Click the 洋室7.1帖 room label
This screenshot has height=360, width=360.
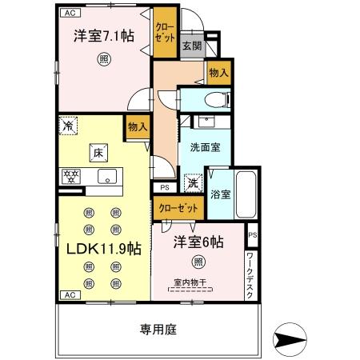pyautogui.click(x=104, y=37)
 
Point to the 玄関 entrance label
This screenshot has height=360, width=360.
pyautogui.click(x=191, y=46)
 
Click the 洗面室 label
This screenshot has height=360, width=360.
pyautogui.click(x=206, y=148)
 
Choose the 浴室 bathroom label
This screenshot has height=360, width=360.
pyautogui.click(x=221, y=194)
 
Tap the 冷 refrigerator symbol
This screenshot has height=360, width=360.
pyautogui.click(x=70, y=126)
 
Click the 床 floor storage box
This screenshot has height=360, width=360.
pyautogui.click(x=94, y=152)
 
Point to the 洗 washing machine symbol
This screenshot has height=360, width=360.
pyautogui.click(x=194, y=182)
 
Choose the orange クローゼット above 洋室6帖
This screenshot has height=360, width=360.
pyautogui.click(x=178, y=208)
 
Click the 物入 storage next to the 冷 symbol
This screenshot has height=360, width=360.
pyautogui.click(x=136, y=126)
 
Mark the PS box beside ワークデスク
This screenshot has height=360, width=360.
pyautogui.click(x=251, y=237)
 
